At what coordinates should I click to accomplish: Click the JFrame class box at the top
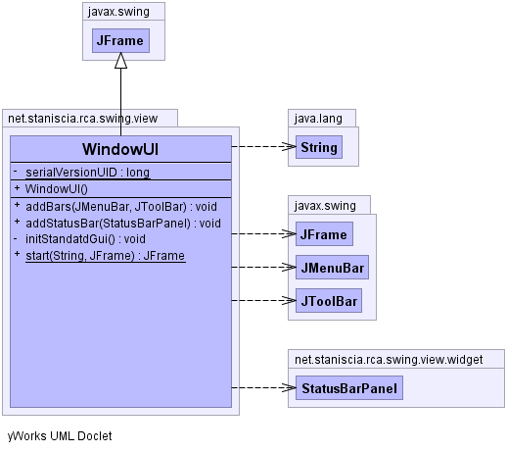120,40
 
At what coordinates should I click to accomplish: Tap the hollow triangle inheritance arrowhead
120,61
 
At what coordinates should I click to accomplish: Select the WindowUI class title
120,149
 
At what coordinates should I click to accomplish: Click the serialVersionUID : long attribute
87,173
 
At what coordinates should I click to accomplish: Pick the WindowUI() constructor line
57,189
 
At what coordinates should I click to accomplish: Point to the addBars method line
121,207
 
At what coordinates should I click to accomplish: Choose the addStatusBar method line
123,224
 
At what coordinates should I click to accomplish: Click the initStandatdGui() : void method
85,239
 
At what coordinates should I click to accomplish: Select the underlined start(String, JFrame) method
106,256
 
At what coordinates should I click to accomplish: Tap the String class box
319,147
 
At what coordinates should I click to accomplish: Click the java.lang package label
318,119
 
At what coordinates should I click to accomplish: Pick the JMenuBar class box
332,268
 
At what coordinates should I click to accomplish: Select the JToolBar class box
329,301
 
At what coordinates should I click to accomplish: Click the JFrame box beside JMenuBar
324,234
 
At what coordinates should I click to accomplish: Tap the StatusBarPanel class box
349,388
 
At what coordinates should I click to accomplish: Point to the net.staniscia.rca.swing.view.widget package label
389,360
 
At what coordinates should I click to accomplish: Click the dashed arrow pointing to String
263,146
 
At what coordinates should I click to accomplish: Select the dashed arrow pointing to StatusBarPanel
263,388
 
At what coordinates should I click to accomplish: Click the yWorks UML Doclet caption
60,436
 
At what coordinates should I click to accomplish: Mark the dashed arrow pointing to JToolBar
263,300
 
